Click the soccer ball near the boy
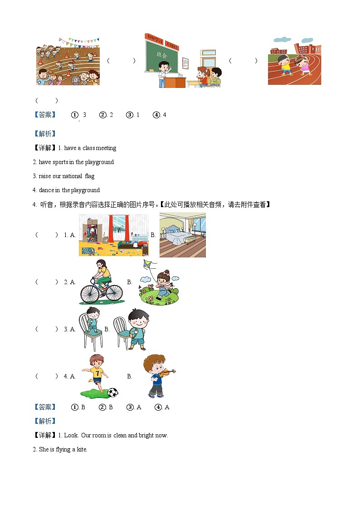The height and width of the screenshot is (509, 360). point(112,392)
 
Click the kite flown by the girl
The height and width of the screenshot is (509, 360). point(148,265)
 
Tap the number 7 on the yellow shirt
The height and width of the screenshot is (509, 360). point(97,373)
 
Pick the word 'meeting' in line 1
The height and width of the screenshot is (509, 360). point(106,148)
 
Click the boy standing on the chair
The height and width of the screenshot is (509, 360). point(93,320)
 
